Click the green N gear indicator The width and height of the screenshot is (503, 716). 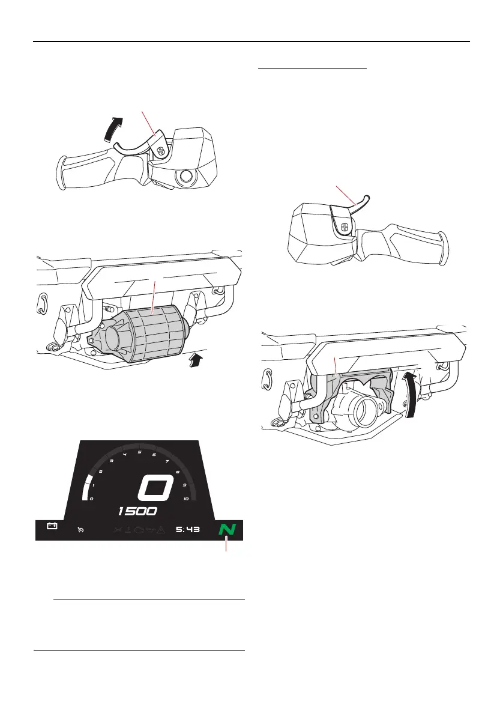click(x=227, y=529)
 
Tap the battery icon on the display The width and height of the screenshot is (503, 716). click(x=52, y=526)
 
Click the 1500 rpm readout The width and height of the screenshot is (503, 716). click(x=138, y=511)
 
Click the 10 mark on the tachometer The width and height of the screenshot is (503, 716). click(x=186, y=499)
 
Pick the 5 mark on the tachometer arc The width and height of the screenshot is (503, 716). click(x=139, y=452)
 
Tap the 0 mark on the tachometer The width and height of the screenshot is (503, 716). click(x=91, y=499)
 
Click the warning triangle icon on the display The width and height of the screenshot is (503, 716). click(x=163, y=530)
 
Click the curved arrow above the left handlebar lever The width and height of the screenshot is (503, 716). click(x=116, y=129)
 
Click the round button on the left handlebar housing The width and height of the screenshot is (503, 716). click(x=185, y=177)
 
